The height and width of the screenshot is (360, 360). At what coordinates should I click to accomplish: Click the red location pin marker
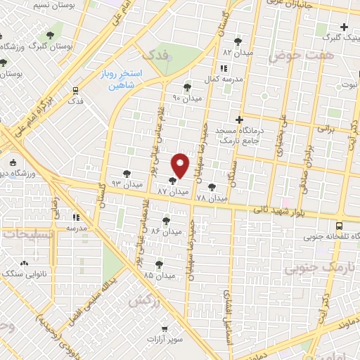click(180, 165)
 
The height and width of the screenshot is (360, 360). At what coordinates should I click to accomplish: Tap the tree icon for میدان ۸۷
click(173, 181)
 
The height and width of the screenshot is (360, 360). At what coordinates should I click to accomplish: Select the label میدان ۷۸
click(211, 198)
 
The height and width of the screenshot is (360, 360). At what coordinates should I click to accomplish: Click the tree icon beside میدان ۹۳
click(127, 173)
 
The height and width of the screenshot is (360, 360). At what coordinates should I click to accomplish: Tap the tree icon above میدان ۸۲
click(237, 41)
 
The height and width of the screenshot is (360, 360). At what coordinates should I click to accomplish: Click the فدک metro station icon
click(75, 90)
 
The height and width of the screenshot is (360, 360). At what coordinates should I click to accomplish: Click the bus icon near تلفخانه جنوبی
click(340, 226)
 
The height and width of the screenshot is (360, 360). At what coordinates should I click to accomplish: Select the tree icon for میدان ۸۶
click(166, 220)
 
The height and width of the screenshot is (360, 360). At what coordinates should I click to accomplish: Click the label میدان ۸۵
click(157, 275)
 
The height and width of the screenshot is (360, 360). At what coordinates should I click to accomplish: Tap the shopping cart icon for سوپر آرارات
click(165, 328)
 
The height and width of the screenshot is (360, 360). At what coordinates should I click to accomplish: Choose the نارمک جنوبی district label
click(311, 268)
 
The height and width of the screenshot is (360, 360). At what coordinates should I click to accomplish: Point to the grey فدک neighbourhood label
click(155, 54)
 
